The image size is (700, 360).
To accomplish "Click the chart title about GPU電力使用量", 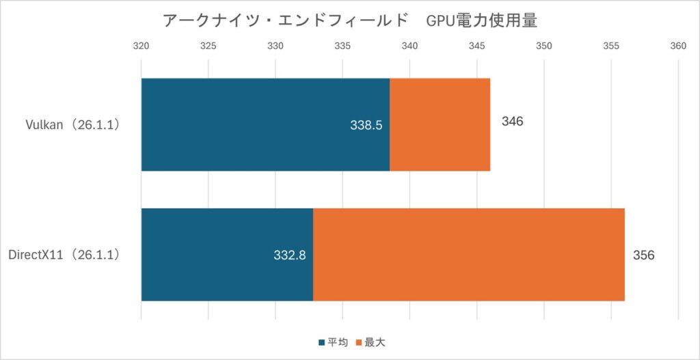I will pyautogui.click(x=349, y=20).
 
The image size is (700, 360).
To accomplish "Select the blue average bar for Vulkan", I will pyautogui.click(x=265, y=124).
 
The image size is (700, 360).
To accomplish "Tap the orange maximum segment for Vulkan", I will pyautogui.click(x=440, y=124).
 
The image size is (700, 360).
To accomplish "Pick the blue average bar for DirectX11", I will pyautogui.click(x=227, y=255).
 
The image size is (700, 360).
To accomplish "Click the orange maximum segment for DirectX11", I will pyautogui.click(x=468, y=255).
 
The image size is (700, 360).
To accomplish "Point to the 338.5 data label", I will pyautogui.click(x=364, y=125).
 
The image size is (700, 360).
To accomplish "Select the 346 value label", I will pyautogui.click(x=512, y=122).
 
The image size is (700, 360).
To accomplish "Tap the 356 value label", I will pyautogui.click(x=644, y=255).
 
